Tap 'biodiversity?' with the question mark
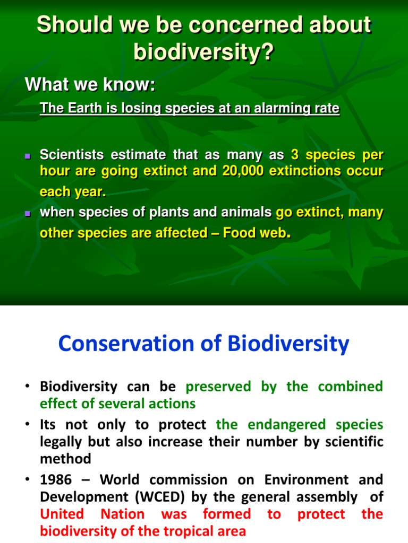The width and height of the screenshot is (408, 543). pos(203,52)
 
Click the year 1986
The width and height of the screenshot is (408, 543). pos(55,479)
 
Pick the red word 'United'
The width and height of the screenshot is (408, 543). pos(62,514)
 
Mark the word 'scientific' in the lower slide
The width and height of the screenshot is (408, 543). pos(350,441)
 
